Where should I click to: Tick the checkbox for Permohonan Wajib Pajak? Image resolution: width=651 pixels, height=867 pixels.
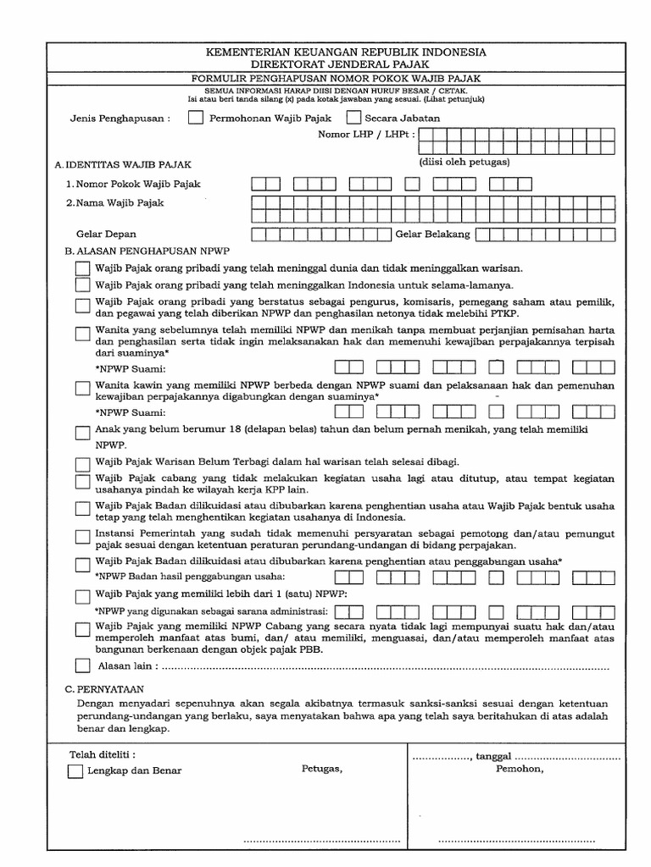[196, 119]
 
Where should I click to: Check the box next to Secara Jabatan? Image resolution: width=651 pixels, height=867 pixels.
[354, 119]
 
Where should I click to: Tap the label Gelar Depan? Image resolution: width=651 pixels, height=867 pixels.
[106, 234]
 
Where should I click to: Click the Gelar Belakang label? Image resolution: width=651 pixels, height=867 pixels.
[432, 234]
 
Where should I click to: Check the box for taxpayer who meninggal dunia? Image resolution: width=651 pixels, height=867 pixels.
[81, 268]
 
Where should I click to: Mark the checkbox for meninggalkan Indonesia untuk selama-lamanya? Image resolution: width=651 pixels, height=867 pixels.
[81, 285]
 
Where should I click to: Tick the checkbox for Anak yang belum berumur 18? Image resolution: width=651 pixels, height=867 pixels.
[81, 433]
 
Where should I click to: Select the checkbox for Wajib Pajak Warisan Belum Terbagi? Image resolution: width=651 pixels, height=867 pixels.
[81, 463]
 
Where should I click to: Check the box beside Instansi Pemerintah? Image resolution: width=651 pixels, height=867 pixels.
[81, 536]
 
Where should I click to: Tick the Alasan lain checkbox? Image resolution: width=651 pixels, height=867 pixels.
[81, 666]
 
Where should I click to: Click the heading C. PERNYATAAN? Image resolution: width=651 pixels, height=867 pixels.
[105, 691]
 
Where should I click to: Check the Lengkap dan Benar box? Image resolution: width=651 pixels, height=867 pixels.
[75, 771]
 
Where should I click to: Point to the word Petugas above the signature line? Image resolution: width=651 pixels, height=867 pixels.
[321, 770]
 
